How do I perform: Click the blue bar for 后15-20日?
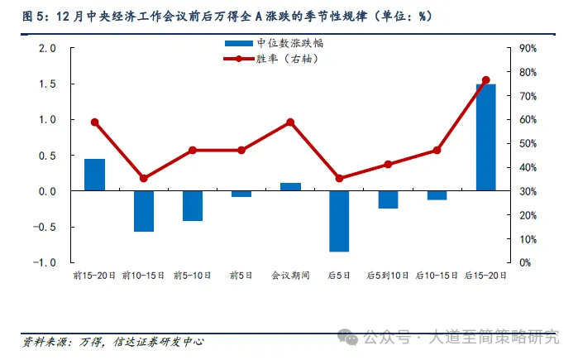(485, 137)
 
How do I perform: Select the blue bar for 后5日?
(339, 221)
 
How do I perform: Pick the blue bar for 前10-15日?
(144, 211)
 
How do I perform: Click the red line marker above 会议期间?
(290, 122)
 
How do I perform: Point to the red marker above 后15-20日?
(485, 80)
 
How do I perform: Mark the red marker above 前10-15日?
(144, 178)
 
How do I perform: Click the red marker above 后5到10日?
(388, 164)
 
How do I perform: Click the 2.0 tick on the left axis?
(48, 48)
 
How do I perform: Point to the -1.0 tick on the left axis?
(46, 262)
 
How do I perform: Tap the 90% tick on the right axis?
(529, 48)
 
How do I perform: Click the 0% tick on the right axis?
(526, 262)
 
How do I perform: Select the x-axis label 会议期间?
(290, 275)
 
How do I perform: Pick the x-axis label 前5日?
(241, 275)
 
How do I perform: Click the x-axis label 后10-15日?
(437, 275)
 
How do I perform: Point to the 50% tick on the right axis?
(529, 143)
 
